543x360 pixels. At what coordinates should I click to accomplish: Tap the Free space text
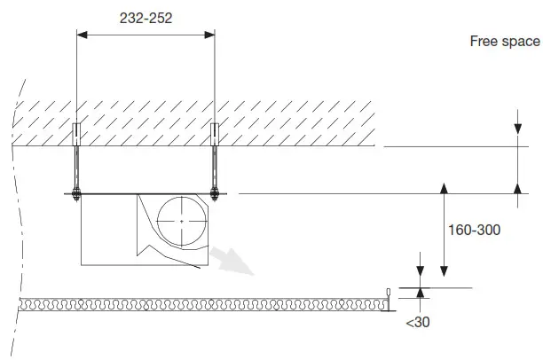tap(505, 42)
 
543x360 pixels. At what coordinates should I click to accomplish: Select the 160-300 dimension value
tap(475, 230)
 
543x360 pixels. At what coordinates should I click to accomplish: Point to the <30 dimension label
tap(417, 323)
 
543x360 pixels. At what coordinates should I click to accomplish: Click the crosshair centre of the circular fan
tap(181, 219)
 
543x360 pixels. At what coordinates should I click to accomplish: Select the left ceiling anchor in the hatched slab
tap(77, 133)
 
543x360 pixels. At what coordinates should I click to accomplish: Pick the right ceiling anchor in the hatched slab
tap(215, 133)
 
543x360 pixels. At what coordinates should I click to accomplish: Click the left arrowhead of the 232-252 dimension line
tap(83, 35)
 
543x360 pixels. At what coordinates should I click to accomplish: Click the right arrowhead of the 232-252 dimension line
tap(209, 35)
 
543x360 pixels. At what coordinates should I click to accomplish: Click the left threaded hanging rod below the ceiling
tap(77, 168)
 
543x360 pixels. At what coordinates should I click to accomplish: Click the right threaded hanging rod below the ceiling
tap(215, 168)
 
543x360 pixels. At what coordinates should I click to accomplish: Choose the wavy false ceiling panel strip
tap(204, 305)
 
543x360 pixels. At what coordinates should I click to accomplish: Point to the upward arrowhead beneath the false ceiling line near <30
tap(421, 294)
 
